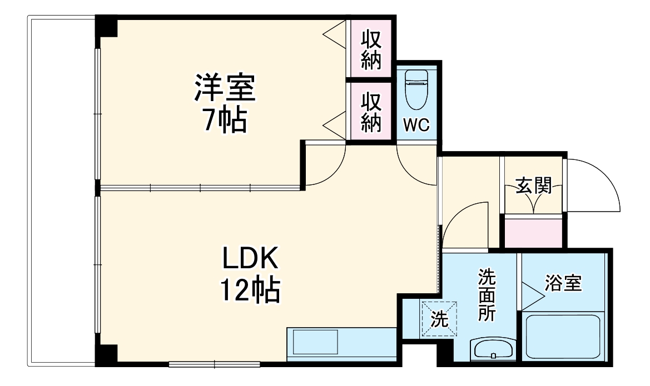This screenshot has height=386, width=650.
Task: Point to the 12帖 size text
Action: (x=250, y=289)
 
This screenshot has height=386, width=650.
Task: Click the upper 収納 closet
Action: (x=371, y=49)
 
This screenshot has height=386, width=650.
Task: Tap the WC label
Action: (x=416, y=126)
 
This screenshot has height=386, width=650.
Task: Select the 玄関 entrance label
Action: (x=533, y=186)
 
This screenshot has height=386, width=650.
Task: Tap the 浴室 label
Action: (x=563, y=283)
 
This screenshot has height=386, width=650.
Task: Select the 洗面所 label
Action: (x=487, y=294)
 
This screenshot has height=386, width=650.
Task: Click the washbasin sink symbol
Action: (x=493, y=349)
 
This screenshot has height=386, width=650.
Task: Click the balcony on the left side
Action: (x=61, y=192)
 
